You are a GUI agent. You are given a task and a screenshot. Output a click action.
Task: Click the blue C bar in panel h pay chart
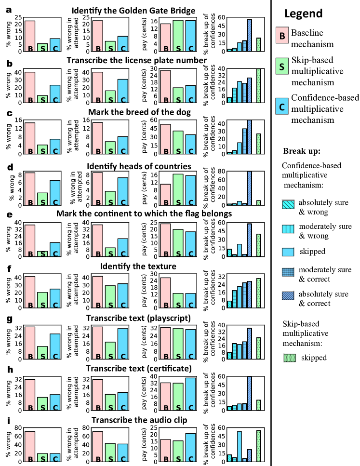point(190,394)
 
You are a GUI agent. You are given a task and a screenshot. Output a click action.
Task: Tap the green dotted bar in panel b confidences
point(259,85)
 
